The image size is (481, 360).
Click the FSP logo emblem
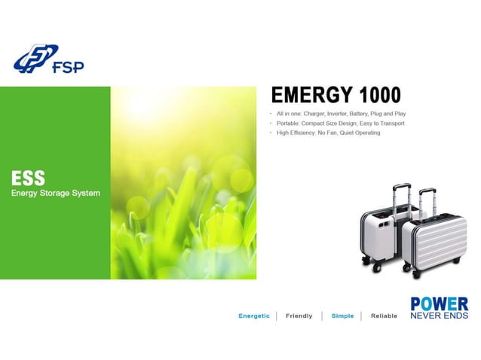(x=35, y=59)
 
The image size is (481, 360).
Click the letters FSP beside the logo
(x=69, y=67)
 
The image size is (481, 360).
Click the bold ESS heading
(x=28, y=178)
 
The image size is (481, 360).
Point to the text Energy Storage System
(x=55, y=194)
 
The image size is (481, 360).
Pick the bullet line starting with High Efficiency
(x=329, y=133)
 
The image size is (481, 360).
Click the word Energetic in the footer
(x=254, y=316)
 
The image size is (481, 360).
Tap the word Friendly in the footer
(x=299, y=316)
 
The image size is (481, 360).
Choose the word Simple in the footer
(x=342, y=316)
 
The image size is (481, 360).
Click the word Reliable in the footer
(x=384, y=316)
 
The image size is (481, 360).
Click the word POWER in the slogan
(x=439, y=304)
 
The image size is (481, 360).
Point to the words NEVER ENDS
(x=439, y=316)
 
